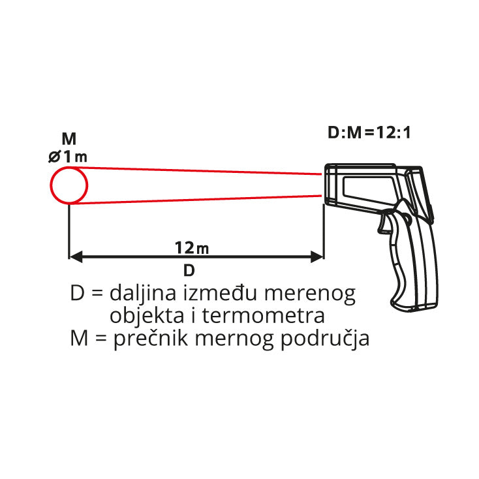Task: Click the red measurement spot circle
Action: pos(69,185)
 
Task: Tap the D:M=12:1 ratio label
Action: pos(369,133)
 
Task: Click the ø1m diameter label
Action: pos(69,157)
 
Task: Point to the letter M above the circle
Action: pos(69,139)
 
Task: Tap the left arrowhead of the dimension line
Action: pos(76,256)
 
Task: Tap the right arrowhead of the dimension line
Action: pos(317,256)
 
